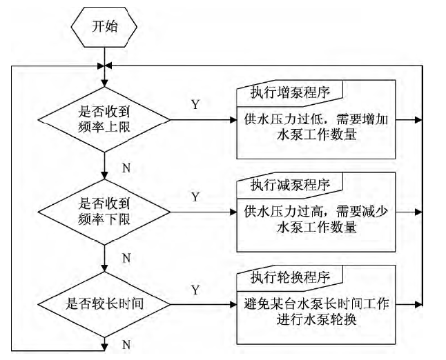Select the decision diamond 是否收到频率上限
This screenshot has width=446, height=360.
pos(104,119)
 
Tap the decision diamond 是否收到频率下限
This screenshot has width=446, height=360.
pos(104,211)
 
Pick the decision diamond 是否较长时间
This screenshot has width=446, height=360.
pos(104,303)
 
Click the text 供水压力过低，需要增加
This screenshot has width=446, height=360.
pos(317,119)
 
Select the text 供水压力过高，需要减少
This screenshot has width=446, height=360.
pos(317,211)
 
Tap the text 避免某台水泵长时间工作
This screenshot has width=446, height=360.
pos(317,303)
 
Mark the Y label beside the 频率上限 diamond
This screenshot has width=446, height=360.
pos(195,106)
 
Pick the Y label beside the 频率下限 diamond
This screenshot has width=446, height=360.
pos(195,197)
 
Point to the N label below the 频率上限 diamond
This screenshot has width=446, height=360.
pos(127,166)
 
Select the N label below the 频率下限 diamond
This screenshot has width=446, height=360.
pos(127,258)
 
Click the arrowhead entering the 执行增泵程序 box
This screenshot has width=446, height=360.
pos(233,119)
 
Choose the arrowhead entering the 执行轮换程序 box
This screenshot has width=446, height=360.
pos(233,303)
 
